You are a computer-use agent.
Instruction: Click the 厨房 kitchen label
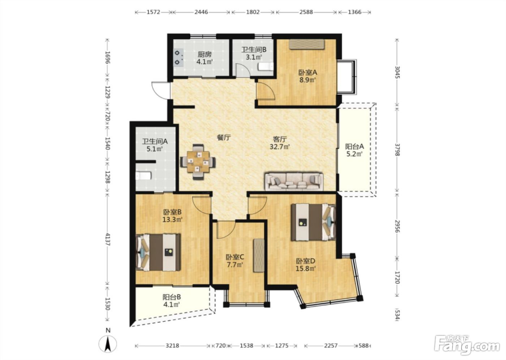pyautogui.click(x=205, y=55)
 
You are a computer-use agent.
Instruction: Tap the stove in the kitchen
pyautogui.click(x=178, y=57)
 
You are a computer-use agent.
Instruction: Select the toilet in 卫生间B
pyautogui.click(x=266, y=67)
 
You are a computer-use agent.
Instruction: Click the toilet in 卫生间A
pyautogui.click(x=143, y=176)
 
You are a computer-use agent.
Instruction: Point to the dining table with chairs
pyautogui.click(x=198, y=162)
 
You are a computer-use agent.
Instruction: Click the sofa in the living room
pyautogui.click(x=294, y=181)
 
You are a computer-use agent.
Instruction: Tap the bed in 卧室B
pyautogui.click(x=158, y=252)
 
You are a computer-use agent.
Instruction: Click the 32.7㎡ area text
pyautogui.click(x=280, y=147)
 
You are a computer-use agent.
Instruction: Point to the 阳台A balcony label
pyautogui.click(x=355, y=147)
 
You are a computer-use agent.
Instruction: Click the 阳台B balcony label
pyautogui.click(x=171, y=297)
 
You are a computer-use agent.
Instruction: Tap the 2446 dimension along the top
pyautogui.click(x=201, y=12)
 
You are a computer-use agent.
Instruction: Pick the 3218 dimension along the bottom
pyautogui.click(x=172, y=346)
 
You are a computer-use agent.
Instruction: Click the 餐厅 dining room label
pyautogui.click(x=224, y=138)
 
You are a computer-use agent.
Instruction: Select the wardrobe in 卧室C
pyautogui.click(x=259, y=256)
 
